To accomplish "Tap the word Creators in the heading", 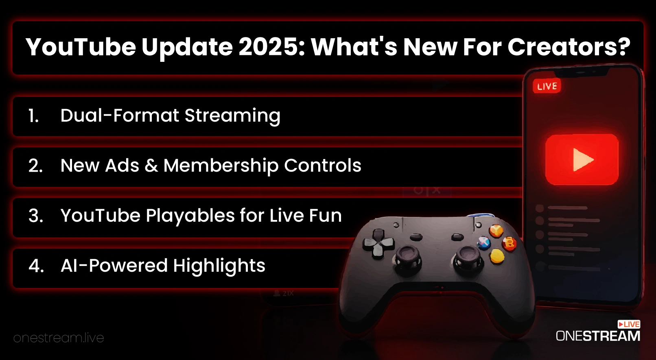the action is pos(569,47).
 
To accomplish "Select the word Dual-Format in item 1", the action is pos(120,115).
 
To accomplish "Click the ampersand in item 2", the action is pos(151,166).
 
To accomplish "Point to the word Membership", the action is pos(221,166).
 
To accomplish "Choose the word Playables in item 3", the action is pos(190,216).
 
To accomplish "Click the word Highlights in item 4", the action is pos(219,266).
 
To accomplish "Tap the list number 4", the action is pos(36,266).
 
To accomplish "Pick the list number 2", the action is pos(35,166).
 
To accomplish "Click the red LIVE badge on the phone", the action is pos(547,86).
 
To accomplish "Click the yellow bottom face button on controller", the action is pos(497,256).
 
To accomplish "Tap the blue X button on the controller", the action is pos(483,243).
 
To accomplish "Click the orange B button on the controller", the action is pos(509,243).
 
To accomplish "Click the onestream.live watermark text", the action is pos(59,338).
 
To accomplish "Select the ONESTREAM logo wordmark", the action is pos(598,336).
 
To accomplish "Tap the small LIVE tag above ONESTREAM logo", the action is pos(629,324).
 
